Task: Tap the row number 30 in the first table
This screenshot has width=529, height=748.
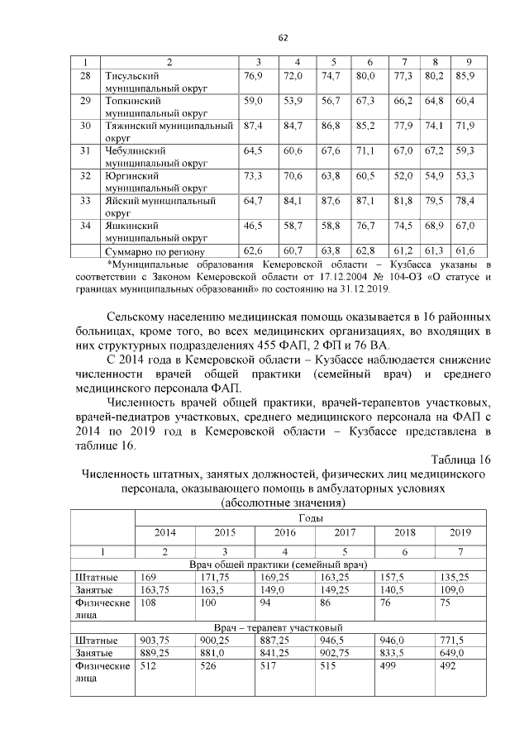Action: point(84,125)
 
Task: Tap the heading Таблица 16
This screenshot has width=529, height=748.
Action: point(461,460)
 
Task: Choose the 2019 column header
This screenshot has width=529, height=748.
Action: point(460,531)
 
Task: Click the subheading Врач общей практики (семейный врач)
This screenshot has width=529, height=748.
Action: point(278,564)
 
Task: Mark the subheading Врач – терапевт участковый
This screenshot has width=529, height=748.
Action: point(278,627)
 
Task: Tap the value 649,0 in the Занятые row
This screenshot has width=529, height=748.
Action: point(450,652)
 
